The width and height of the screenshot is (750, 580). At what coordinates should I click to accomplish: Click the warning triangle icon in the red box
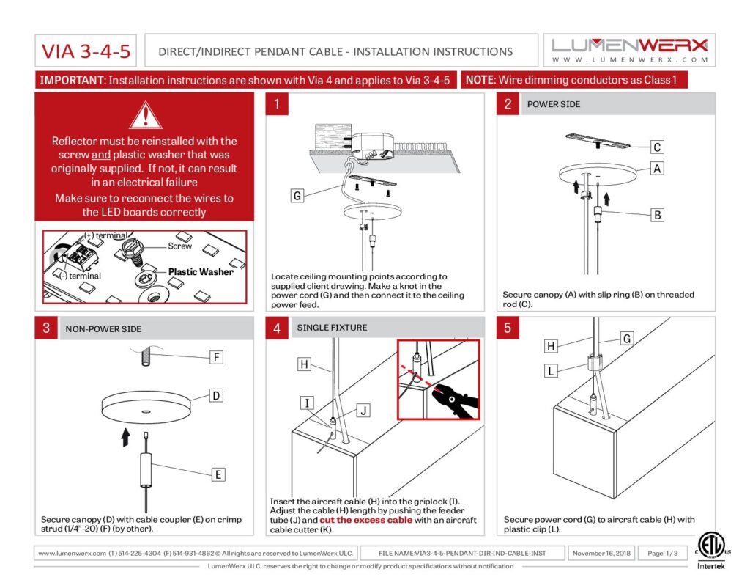click(x=145, y=115)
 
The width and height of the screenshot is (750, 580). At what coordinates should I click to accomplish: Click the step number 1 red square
click(x=276, y=104)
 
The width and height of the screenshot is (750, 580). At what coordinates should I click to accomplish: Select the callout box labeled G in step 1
click(x=297, y=196)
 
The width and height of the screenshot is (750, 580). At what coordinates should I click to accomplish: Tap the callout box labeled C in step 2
click(x=658, y=147)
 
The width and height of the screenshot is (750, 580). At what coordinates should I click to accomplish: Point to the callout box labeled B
click(x=658, y=215)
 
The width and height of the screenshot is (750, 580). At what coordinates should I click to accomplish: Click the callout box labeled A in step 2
click(x=658, y=169)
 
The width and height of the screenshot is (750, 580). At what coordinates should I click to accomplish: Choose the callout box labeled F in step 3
click(x=216, y=358)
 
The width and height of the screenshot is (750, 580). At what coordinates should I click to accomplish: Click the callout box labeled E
click(x=218, y=474)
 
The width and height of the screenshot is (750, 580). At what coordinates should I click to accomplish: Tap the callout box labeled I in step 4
click(x=308, y=402)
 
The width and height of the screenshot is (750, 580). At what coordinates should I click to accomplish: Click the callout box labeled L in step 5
click(x=552, y=372)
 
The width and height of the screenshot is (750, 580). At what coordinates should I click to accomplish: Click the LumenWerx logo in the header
click(x=629, y=50)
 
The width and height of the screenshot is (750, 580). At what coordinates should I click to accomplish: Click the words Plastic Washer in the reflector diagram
click(x=201, y=271)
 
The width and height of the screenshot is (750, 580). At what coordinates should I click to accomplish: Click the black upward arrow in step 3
click(x=125, y=438)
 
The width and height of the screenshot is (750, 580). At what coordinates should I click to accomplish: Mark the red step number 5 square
click(x=508, y=328)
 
